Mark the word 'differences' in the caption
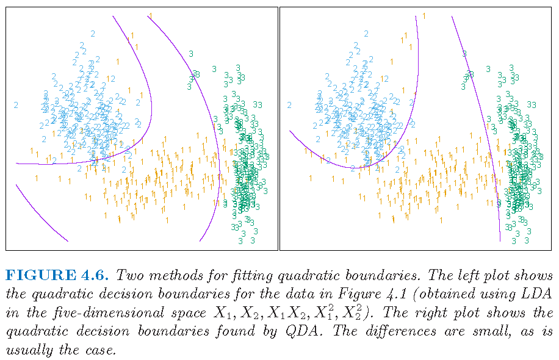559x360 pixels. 428,333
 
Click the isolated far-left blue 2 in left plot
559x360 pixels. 16,105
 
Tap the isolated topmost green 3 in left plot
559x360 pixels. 191,54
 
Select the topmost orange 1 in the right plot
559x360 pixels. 424,15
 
